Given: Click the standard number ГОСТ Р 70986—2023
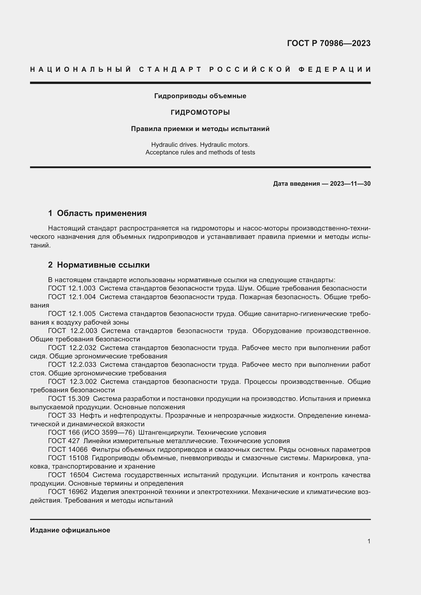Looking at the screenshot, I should pyautogui.click(x=328, y=43).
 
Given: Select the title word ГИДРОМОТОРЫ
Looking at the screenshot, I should pyautogui.click(x=200, y=112).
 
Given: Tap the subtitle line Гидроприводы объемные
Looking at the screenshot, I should pyautogui.click(x=200, y=96).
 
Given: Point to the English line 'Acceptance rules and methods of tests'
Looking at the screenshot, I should pyautogui.click(x=200, y=152).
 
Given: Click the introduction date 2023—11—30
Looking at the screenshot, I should pyautogui.click(x=350, y=184).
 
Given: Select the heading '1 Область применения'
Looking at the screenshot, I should pyautogui.click(x=97, y=213).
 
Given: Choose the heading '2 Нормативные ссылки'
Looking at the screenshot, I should pyautogui.click(x=99, y=265).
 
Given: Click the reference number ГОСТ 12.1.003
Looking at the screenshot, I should pyautogui.click(x=72, y=288).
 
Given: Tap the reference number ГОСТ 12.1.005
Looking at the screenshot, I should pyautogui.click(x=72, y=314).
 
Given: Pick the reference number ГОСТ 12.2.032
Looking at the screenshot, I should pyautogui.click(x=72, y=348).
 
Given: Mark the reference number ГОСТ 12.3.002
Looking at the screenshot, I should pyautogui.click(x=72, y=382).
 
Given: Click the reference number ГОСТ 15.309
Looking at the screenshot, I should pyautogui.click(x=69, y=399).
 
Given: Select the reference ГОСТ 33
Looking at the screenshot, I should pyautogui.click(x=62, y=415).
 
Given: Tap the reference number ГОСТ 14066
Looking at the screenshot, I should pyautogui.click(x=68, y=449).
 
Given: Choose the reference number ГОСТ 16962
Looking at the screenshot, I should pyautogui.click(x=68, y=492).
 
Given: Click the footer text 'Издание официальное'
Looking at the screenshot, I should pyautogui.click(x=70, y=530).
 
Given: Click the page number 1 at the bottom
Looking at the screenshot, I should pyautogui.click(x=369, y=541).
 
